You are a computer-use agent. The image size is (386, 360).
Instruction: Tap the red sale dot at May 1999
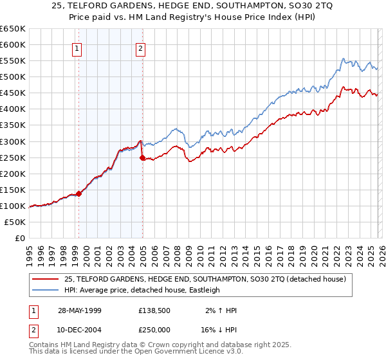78,193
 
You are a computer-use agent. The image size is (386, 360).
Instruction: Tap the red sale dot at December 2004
142,157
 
